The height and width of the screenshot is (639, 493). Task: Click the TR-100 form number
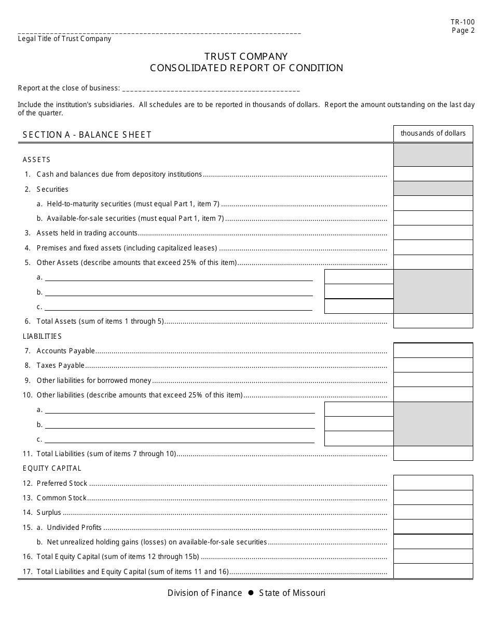(x=463, y=22)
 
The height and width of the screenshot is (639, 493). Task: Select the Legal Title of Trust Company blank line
(x=159, y=32)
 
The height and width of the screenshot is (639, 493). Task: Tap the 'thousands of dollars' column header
(x=433, y=134)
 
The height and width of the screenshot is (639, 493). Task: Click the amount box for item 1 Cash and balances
(x=433, y=174)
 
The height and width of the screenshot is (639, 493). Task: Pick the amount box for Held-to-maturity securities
(x=433, y=204)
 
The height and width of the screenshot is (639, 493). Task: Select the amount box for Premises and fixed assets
(x=433, y=248)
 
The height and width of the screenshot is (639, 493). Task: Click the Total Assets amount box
(x=433, y=321)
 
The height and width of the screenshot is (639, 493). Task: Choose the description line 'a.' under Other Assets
(x=179, y=277)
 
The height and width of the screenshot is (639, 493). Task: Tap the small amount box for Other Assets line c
(x=359, y=307)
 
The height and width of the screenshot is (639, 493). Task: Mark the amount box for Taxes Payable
(x=433, y=365)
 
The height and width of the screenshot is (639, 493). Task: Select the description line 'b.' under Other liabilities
(x=180, y=424)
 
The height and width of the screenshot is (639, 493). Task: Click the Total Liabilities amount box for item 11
(x=433, y=454)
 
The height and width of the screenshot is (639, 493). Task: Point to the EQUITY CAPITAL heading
(x=52, y=468)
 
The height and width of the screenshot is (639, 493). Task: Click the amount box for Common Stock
(x=433, y=498)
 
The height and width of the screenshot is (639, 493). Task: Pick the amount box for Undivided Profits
(x=433, y=527)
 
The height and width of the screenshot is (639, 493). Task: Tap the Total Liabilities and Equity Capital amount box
(x=433, y=571)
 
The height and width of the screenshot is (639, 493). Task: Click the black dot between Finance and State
(x=251, y=593)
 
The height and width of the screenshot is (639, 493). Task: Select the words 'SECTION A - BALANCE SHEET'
(x=87, y=135)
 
